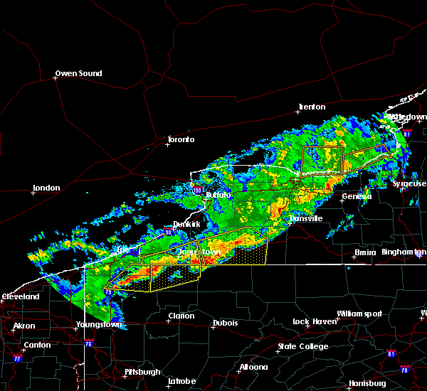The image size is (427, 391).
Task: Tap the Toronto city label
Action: point(180,139)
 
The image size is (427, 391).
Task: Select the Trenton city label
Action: point(312,107)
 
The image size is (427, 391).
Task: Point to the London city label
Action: point(46,188)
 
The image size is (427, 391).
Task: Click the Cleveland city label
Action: point(20,296)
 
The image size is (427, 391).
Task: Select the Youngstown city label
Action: point(98,325)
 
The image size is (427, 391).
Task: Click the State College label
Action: point(303,346)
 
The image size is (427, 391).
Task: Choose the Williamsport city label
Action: point(359,314)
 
